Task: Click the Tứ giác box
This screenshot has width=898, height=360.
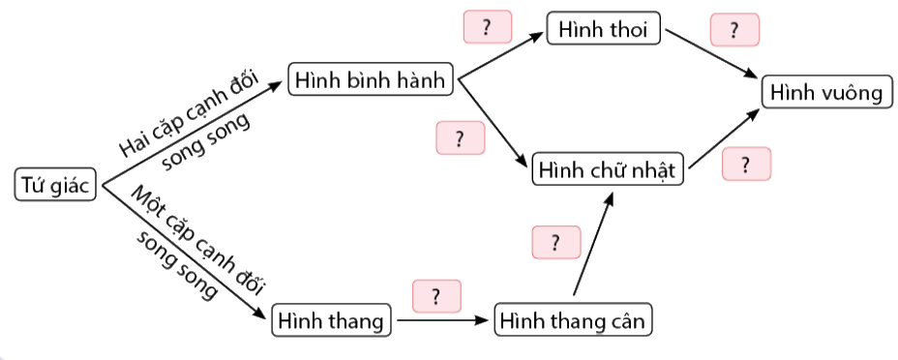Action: (56, 184)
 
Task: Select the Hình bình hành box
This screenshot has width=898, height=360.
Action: (372, 80)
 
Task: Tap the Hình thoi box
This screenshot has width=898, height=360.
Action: (603, 29)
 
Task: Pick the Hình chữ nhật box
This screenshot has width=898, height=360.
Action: (609, 170)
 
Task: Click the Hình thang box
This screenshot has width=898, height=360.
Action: (332, 319)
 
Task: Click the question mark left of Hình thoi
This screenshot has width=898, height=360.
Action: (489, 28)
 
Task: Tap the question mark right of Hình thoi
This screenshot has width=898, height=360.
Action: (734, 30)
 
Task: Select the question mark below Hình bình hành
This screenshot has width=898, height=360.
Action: (460, 137)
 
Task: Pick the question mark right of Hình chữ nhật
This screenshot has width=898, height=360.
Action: (746, 164)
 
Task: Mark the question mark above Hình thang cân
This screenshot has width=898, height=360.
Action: (555, 242)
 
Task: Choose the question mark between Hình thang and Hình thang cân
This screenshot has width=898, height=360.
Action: (436, 295)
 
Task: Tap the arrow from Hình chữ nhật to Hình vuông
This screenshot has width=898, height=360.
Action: (724, 137)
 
